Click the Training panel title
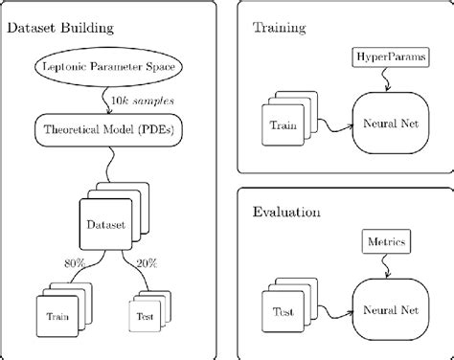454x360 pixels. click(x=279, y=28)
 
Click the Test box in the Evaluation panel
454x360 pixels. click(x=284, y=309)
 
